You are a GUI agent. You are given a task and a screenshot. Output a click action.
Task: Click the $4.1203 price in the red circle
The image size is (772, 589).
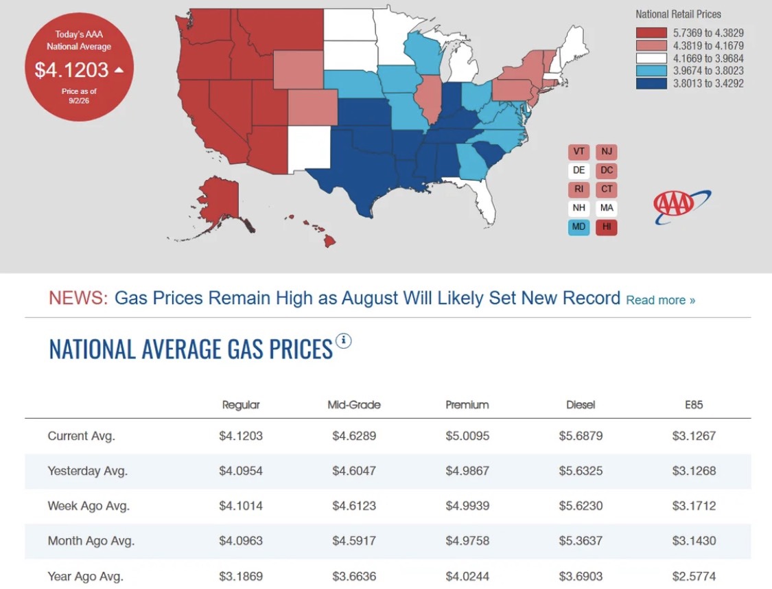(x=71, y=70)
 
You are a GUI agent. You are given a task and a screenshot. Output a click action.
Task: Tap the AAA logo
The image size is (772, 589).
(x=681, y=206)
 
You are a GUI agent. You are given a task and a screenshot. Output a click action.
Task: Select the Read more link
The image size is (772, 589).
(x=660, y=300)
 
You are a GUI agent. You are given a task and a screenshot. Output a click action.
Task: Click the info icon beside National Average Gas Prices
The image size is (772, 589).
(x=343, y=340)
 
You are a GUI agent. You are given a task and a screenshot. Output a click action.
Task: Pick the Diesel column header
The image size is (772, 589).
(x=581, y=405)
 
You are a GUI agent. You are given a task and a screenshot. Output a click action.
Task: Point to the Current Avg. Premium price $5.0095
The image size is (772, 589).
(x=467, y=436)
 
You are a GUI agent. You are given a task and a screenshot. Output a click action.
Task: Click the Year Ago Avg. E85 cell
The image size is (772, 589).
(x=694, y=576)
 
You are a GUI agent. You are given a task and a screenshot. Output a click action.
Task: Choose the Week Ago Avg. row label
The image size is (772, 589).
(x=89, y=506)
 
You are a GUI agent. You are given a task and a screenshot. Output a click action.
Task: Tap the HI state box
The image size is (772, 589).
(x=607, y=227)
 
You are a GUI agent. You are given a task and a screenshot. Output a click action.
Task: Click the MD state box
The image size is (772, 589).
(x=578, y=227)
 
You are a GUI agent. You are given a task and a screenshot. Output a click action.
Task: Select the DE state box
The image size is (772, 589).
(x=578, y=170)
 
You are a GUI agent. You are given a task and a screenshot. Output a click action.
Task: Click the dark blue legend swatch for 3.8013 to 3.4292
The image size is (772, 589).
(x=651, y=83)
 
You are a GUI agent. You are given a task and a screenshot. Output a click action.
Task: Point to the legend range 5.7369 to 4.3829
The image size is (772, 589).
(x=708, y=33)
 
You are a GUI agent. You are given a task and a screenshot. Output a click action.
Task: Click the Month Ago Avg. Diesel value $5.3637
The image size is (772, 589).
(x=581, y=541)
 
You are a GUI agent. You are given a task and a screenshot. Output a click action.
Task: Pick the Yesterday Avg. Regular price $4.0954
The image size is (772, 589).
(x=241, y=471)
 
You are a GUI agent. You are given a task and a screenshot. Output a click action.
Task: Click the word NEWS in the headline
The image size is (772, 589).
(x=78, y=298)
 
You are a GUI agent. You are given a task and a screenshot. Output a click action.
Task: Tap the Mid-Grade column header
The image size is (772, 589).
(x=354, y=405)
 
